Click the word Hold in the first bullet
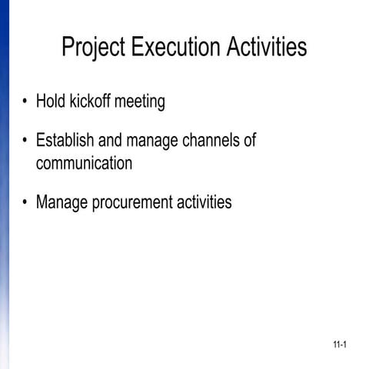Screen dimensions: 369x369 [x=50, y=101]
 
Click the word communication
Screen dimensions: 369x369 [x=84, y=164]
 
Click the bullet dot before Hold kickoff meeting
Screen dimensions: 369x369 [x=26, y=102]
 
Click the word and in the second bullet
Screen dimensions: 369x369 [x=111, y=141]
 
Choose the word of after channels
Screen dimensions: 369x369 [x=248, y=141]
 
